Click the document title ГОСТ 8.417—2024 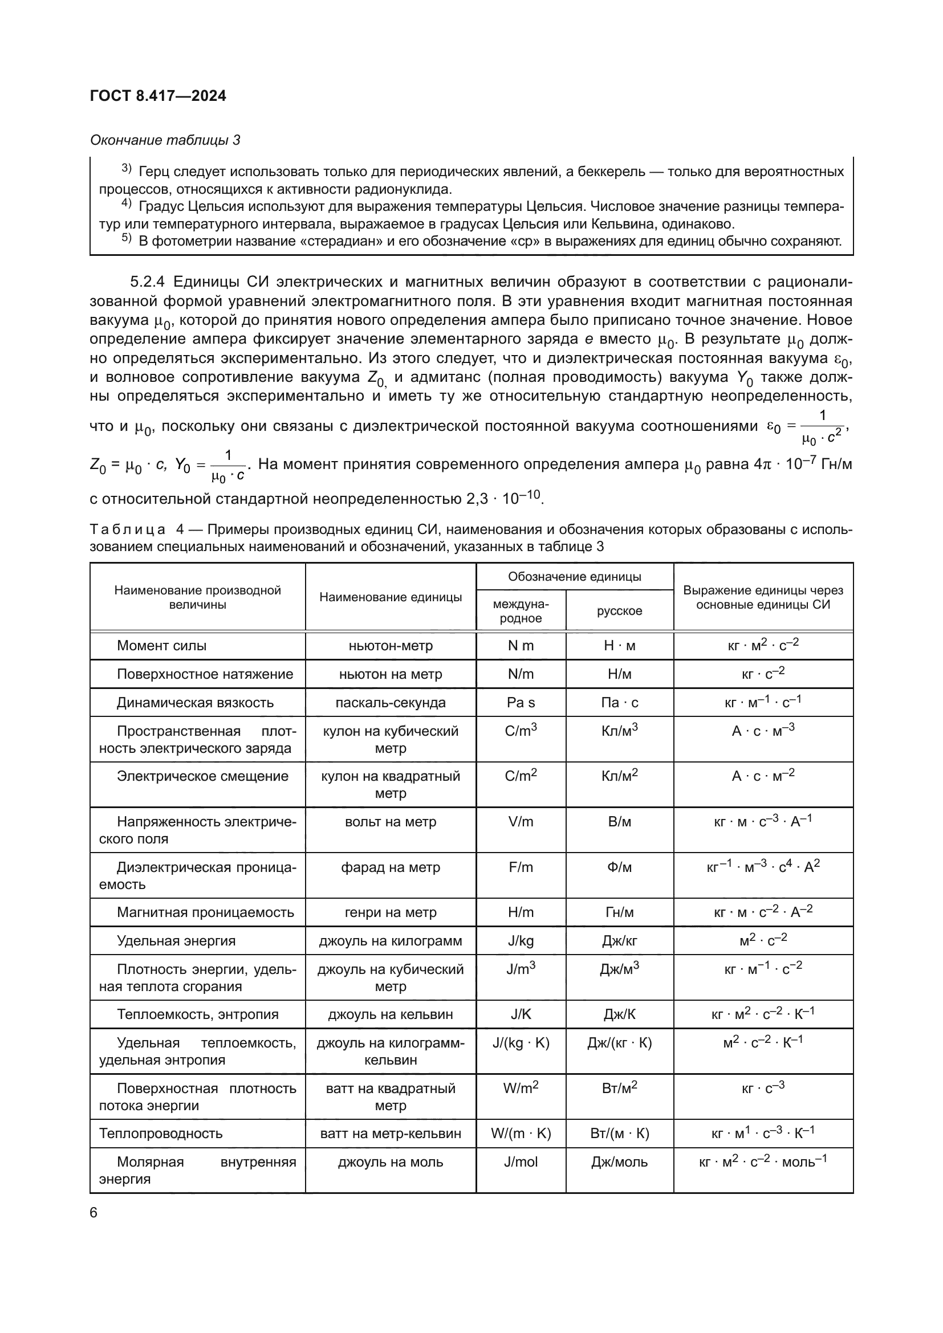pyautogui.click(x=158, y=96)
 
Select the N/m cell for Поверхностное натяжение pyautogui.click(x=521, y=674)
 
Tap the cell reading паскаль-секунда pyautogui.click(x=390, y=703)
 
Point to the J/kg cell pyautogui.click(x=521, y=940)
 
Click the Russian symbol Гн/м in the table pyautogui.click(x=619, y=912)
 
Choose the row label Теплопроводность pyautogui.click(x=161, y=1134)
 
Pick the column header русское pyautogui.click(x=619, y=611)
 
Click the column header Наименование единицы pyautogui.click(x=390, y=597)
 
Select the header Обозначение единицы pyautogui.click(x=574, y=577)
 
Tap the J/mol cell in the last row pyautogui.click(x=521, y=1161)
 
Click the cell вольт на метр pyautogui.click(x=390, y=822)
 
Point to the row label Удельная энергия pyautogui.click(x=176, y=940)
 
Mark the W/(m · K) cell pyautogui.click(x=521, y=1134)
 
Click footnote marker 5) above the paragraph pyautogui.click(x=127, y=239)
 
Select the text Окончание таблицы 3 pyautogui.click(x=165, y=140)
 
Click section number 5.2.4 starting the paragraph pyautogui.click(x=148, y=282)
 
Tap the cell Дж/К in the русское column pyautogui.click(x=619, y=1014)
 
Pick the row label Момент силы pyautogui.click(x=161, y=646)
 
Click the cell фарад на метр pyautogui.click(x=390, y=867)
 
